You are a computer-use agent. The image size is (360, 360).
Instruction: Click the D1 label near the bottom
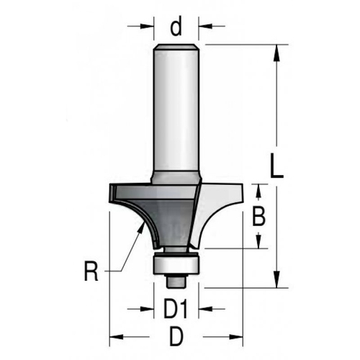pyautogui.click(x=176, y=311)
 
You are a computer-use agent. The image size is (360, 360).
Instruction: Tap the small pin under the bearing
pyautogui.click(x=177, y=278)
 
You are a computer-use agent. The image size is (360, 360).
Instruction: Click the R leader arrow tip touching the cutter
pyautogui.click(x=140, y=226)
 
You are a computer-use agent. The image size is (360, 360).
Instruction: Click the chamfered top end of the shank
pyautogui.click(x=177, y=48)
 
